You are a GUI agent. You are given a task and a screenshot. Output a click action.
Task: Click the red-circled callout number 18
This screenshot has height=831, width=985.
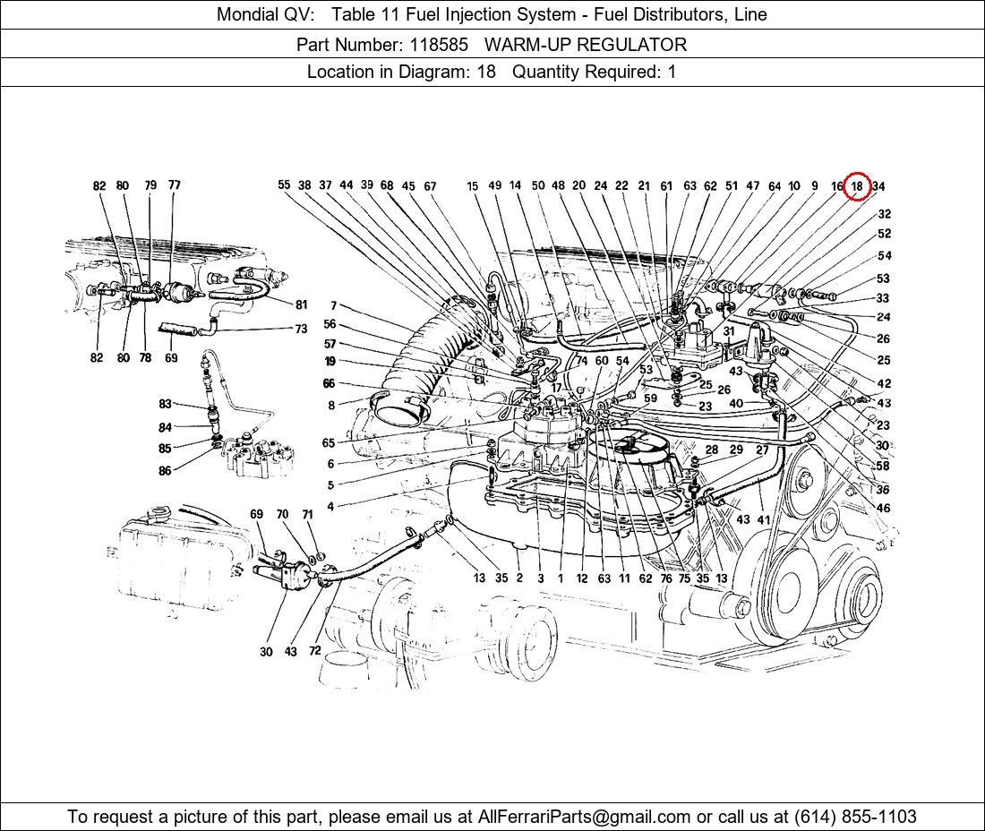click(857, 186)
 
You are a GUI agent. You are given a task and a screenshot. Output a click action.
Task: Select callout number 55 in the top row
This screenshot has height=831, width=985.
click(284, 185)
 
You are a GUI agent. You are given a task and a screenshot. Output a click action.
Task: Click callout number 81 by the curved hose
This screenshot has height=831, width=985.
click(301, 304)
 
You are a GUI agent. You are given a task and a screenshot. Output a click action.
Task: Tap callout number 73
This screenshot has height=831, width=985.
click(301, 330)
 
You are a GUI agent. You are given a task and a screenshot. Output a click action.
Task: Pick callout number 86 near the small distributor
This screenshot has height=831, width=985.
click(165, 471)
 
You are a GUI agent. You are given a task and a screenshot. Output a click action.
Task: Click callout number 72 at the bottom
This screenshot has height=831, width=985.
click(314, 651)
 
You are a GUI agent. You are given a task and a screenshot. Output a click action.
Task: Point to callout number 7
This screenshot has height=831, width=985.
click(333, 306)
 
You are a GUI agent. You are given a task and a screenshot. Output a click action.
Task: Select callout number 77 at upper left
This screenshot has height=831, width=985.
click(174, 185)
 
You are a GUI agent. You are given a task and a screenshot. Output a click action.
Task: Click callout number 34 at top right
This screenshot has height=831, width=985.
click(878, 186)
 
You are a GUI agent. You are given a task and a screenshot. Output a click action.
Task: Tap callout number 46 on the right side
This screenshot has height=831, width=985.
click(884, 508)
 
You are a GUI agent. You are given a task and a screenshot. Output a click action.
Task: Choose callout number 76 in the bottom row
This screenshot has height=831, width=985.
click(665, 578)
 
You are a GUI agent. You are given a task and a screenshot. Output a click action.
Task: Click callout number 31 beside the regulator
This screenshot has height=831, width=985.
click(729, 331)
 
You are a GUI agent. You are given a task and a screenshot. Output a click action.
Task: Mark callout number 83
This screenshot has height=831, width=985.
click(165, 405)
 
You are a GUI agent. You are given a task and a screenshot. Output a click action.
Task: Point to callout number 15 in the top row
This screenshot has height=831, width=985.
click(472, 186)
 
